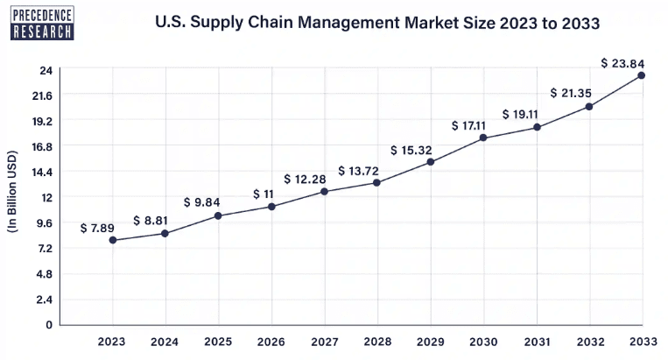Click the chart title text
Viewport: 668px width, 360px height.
[x=377, y=24]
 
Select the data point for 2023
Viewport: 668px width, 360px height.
[x=112, y=240]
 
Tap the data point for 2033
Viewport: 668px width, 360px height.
[x=642, y=75]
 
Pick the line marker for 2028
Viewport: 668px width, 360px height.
[x=376, y=182]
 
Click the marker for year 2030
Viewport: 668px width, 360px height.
[x=482, y=138]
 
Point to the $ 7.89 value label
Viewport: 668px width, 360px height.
[x=97, y=228]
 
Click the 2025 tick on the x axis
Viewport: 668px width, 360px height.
[x=218, y=342]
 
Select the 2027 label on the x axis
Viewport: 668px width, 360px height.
[x=324, y=342]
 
